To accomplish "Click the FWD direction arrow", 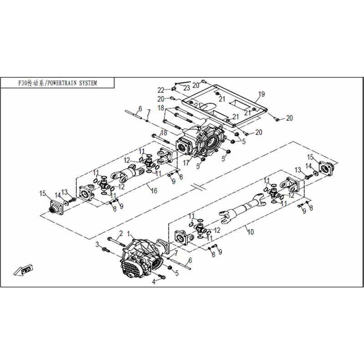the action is point(24,270).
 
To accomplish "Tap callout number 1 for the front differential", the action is point(128,234).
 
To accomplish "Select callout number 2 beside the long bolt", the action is point(121,233).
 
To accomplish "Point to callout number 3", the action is point(97,244).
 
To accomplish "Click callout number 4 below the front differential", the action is point(154,282).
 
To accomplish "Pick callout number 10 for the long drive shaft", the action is point(251,232).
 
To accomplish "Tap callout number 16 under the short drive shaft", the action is point(154,191).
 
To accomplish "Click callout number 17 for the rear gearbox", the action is point(186,163).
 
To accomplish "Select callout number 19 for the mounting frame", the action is point(261,94).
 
